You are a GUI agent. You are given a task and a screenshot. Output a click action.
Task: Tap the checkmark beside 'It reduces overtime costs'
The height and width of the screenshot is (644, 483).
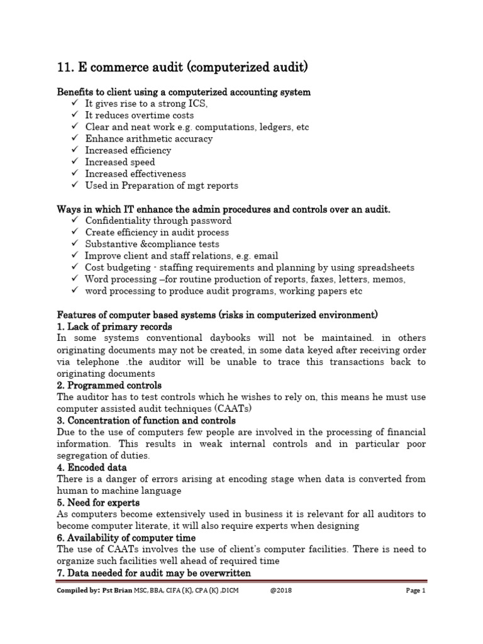(x=75, y=115)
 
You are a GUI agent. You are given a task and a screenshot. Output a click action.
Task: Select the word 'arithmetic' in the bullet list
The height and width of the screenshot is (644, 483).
(x=151, y=138)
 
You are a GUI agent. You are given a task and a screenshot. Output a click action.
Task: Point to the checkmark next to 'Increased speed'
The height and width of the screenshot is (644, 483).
(x=75, y=162)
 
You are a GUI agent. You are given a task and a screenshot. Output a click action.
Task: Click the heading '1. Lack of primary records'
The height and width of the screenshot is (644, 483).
(x=114, y=327)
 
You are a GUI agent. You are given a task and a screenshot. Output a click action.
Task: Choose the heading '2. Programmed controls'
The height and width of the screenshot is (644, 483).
(x=109, y=385)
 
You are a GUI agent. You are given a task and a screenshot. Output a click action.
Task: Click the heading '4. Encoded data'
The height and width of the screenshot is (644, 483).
(x=92, y=467)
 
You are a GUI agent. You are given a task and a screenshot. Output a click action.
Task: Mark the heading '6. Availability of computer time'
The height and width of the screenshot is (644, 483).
(x=126, y=538)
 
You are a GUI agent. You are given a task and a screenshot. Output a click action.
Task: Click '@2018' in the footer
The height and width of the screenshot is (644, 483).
(x=281, y=591)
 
